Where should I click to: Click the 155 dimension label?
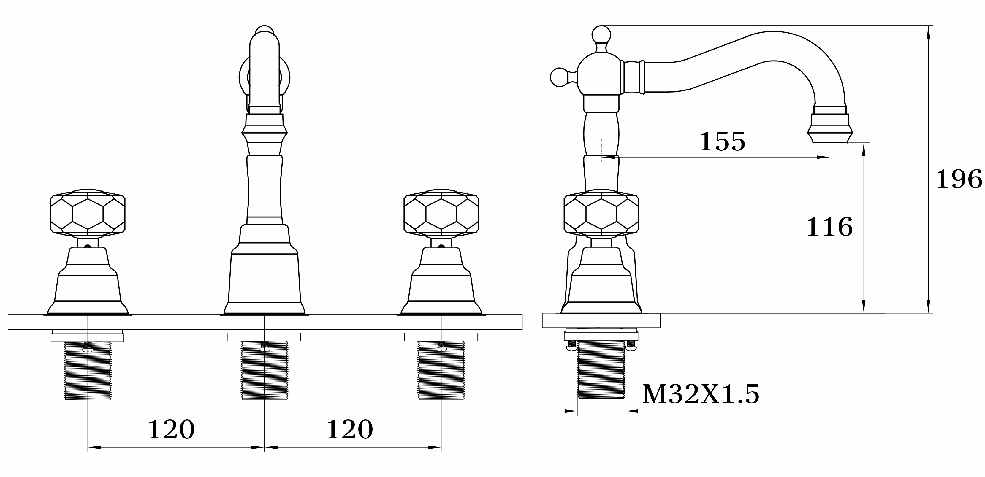722,141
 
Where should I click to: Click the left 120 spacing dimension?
171,430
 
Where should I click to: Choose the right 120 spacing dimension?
349,430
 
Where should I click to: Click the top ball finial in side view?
601,35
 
